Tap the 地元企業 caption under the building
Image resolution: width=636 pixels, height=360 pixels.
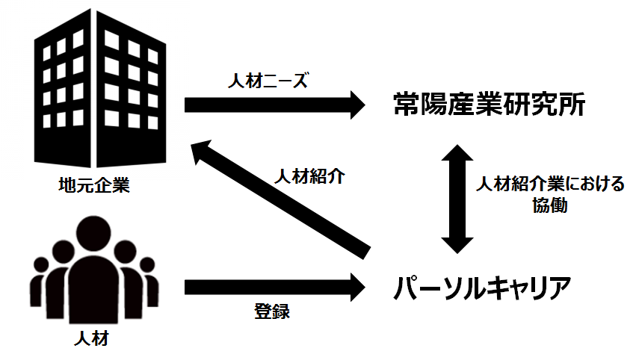(x=93, y=184)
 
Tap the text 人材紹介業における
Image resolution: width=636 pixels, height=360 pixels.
(x=550, y=184)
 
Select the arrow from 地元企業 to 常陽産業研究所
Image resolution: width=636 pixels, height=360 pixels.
(x=269, y=104)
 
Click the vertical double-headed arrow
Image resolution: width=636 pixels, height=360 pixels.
(x=456, y=198)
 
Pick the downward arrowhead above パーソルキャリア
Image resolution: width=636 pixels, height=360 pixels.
(x=456, y=243)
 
